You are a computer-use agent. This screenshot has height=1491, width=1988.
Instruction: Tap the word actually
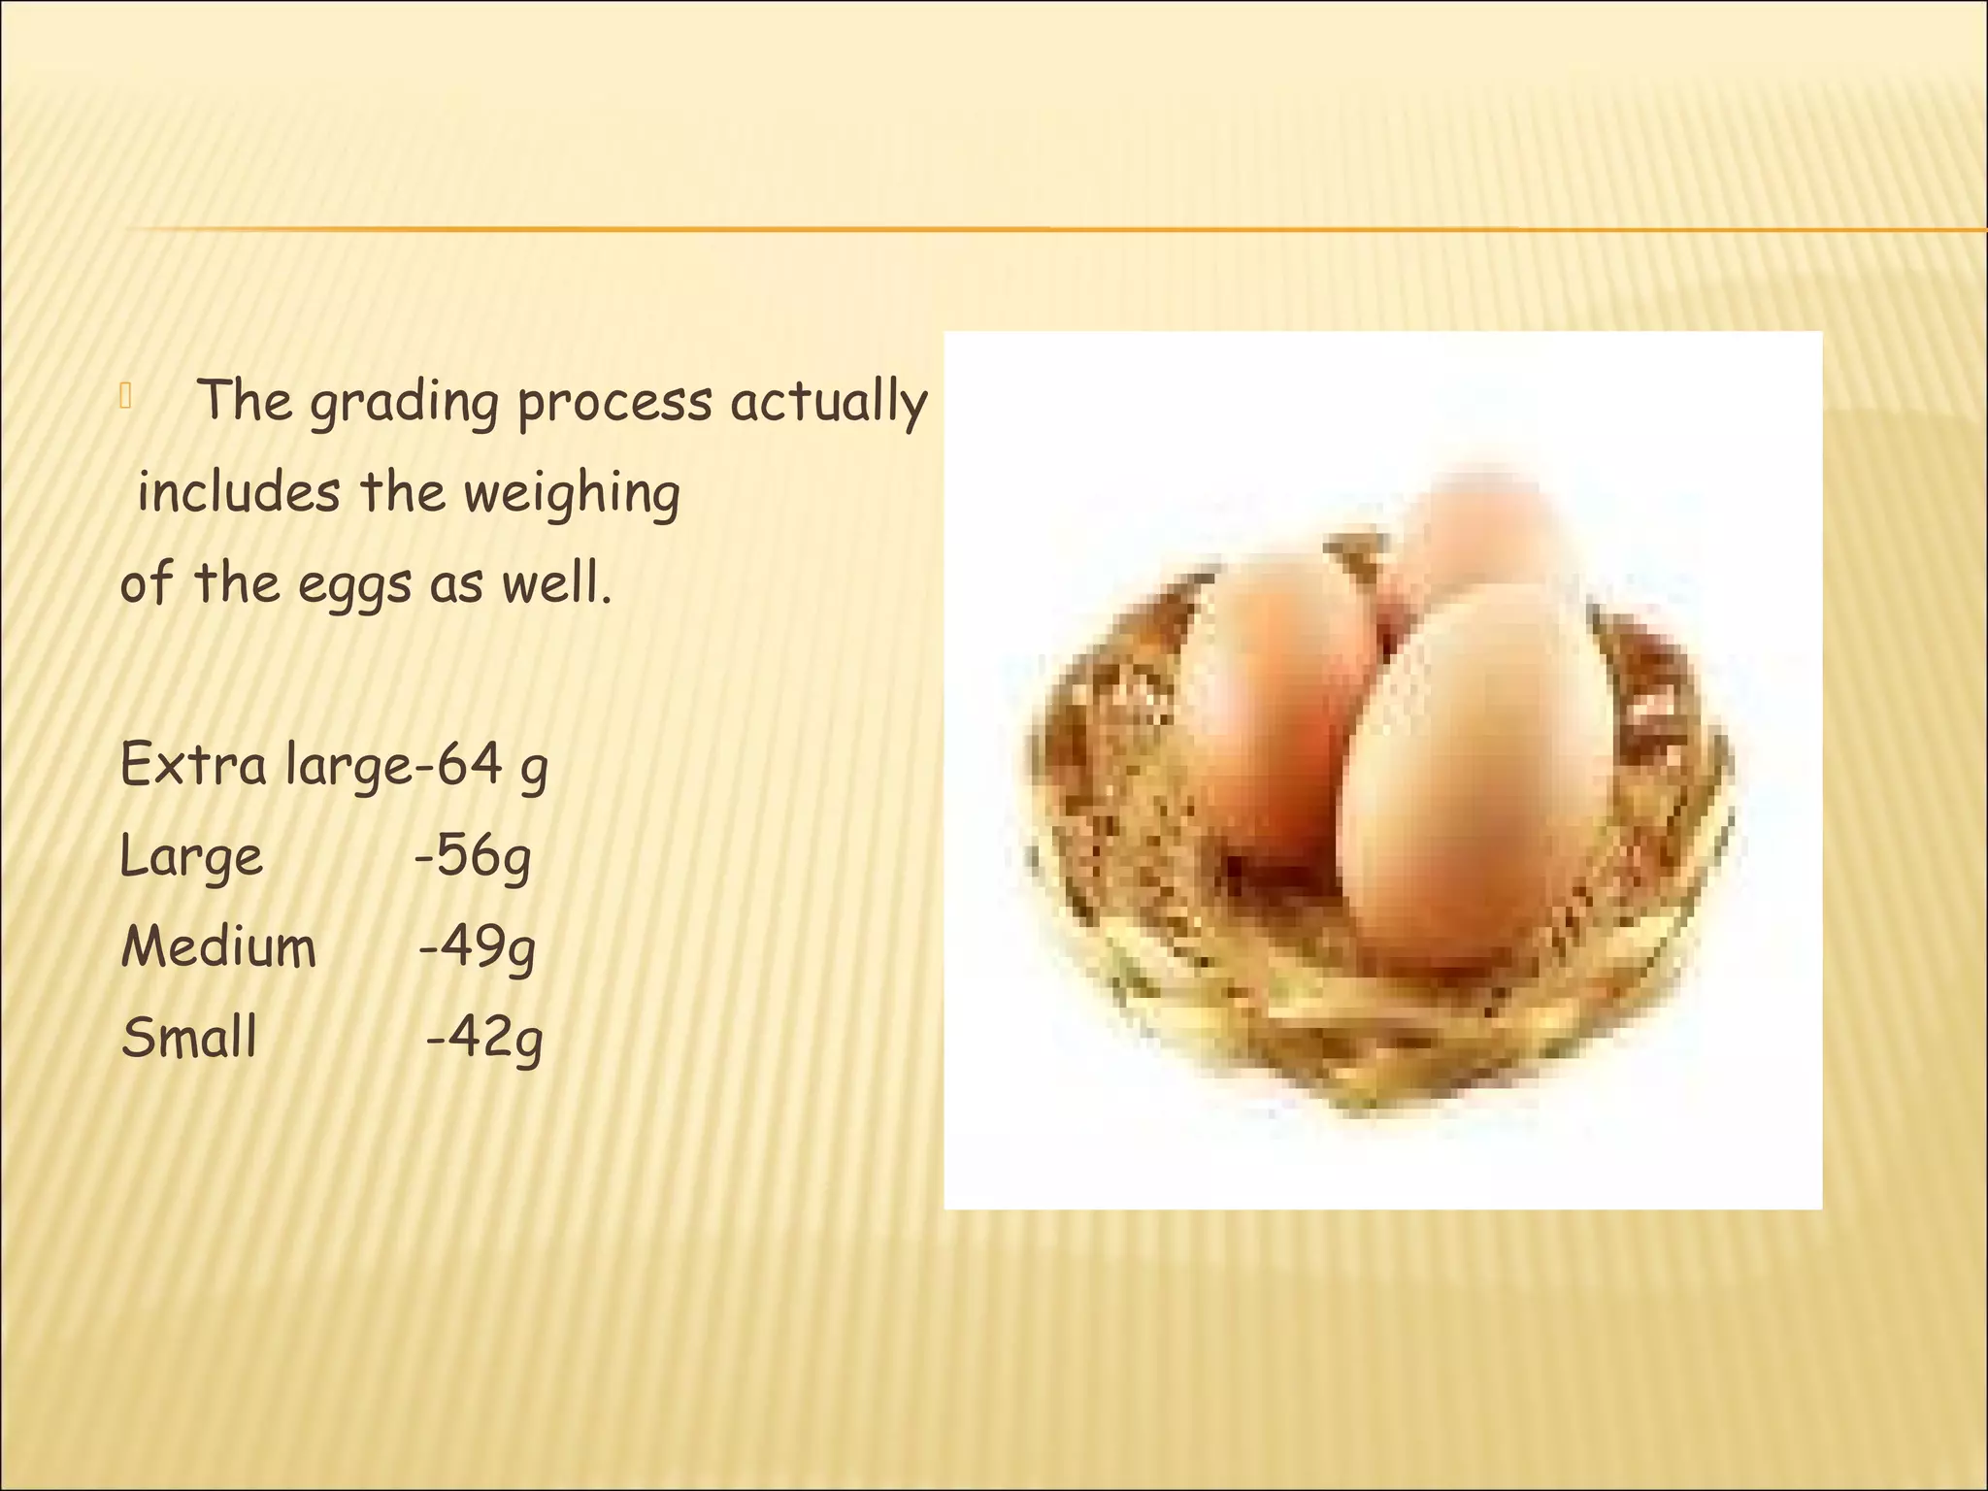830,402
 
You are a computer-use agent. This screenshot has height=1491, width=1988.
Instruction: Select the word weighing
571,493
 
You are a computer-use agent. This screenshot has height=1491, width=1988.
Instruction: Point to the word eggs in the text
355,585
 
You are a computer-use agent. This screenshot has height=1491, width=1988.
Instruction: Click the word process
614,402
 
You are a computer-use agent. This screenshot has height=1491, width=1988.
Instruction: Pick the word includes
239,493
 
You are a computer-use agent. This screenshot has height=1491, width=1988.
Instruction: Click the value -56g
473,856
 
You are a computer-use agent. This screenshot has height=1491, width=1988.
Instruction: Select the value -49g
477,947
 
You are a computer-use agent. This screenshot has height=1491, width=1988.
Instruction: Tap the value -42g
484,1038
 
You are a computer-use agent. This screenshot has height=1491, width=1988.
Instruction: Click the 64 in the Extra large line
470,765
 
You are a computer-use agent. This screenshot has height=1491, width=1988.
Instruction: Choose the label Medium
218,947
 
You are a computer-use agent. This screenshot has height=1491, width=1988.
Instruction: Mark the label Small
189,1038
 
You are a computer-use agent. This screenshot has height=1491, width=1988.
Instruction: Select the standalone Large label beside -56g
191,856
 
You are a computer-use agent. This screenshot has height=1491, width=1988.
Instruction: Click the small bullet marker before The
125,396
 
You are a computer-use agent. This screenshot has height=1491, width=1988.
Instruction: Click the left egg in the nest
1272,699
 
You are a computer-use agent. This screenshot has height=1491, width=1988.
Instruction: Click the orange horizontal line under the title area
971,230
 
